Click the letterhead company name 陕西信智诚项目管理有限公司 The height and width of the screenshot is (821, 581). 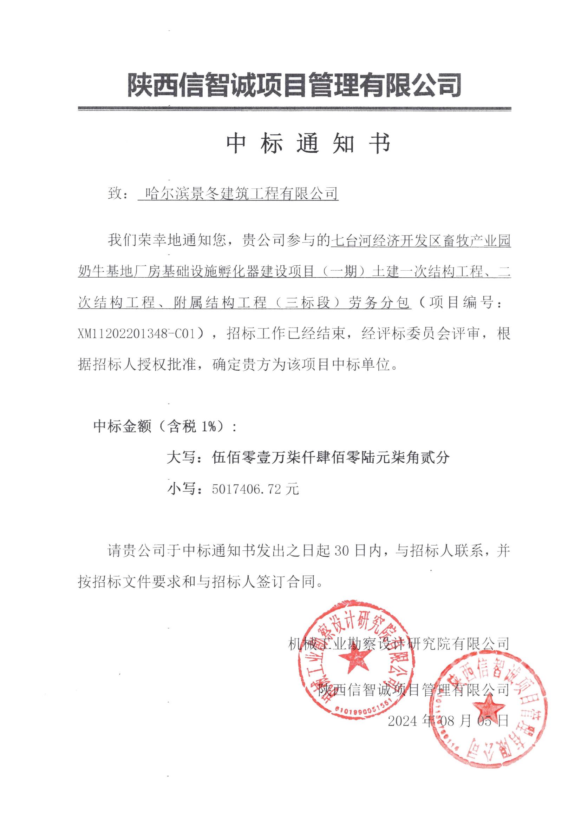[294, 85]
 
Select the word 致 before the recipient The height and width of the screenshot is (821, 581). [115, 194]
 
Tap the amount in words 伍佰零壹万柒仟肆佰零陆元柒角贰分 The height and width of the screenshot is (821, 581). [330, 457]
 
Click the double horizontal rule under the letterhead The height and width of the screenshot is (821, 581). [294, 108]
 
